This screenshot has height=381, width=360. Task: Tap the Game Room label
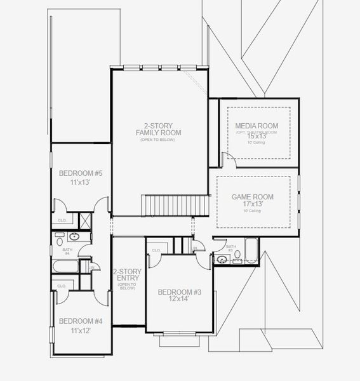(252, 197)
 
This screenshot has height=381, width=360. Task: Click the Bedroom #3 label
(180, 291)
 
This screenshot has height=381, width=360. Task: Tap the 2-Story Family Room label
(158, 128)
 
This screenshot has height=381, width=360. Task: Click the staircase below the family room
(174, 205)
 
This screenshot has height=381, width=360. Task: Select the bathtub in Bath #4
(66, 266)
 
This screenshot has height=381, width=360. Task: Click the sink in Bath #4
(74, 237)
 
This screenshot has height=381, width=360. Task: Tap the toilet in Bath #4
(60, 241)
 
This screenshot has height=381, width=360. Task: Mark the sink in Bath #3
(222, 259)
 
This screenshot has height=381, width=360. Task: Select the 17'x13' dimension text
(252, 205)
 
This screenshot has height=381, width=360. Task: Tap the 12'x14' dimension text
(180, 299)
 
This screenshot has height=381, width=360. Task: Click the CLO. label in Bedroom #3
(156, 251)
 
